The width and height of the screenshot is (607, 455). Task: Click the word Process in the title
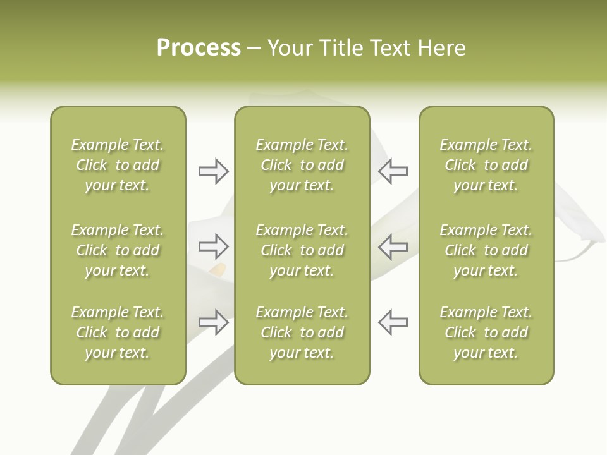(x=199, y=48)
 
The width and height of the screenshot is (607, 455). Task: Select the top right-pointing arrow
(x=214, y=171)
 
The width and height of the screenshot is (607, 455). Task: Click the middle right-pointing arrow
(x=214, y=246)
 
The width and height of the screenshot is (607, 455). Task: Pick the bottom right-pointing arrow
(x=214, y=322)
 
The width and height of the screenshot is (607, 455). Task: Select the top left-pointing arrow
(x=393, y=171)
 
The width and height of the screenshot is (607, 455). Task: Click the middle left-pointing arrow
(x=393, y=246)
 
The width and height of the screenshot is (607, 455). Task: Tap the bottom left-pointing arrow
(x=393, y=322)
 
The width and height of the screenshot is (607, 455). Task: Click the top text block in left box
(x=118, y=165)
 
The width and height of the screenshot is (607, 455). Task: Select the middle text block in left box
(x=118, y=250)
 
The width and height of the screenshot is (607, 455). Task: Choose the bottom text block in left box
(x=118, y=332)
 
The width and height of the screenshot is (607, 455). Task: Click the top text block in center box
(x=302, y=165)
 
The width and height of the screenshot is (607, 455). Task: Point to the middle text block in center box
(x=302, y=250)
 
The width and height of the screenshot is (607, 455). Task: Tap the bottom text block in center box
(x=302, y=332)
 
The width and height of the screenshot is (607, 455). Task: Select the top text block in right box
(x=486, y=165)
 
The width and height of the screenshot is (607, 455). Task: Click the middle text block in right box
(x=486, y=250)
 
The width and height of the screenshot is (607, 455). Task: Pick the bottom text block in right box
(x=486, y=332)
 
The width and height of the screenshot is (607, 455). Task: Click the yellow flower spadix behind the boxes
(x=218, y=270)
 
